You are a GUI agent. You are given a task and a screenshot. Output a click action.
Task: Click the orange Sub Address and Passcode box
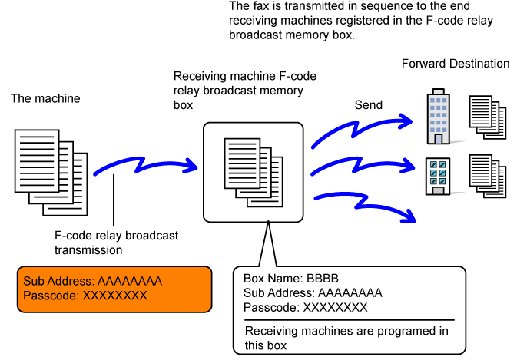point(115,289)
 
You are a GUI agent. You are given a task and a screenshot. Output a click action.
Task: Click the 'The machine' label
point(45,99)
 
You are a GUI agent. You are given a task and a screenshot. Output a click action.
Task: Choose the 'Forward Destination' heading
point(455,63)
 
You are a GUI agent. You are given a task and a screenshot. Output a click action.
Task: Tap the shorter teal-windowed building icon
point(438,177)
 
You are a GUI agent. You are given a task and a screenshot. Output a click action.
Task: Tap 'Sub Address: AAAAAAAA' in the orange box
point(92,281)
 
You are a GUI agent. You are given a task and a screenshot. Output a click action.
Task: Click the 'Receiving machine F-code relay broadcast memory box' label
point(244,91)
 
